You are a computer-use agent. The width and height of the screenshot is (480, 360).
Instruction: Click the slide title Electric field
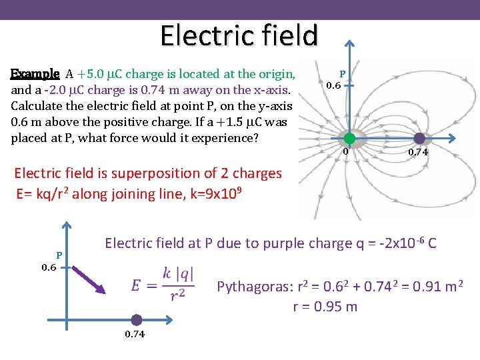239,35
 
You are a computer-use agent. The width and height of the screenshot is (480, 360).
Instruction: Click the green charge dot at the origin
349,139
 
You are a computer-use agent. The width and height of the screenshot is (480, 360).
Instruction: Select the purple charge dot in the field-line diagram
419,139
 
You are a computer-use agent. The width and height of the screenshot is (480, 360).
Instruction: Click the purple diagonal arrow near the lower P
86,279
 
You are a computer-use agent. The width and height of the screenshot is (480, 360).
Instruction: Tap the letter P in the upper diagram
342,74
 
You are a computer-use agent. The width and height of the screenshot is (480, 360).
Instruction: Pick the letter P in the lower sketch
59,255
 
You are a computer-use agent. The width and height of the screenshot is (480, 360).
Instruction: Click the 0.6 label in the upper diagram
334,85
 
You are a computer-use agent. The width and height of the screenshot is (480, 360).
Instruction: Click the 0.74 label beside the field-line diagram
419,153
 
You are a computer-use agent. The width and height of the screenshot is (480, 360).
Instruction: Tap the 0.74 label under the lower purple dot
136,334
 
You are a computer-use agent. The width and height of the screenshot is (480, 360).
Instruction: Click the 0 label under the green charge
346,152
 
